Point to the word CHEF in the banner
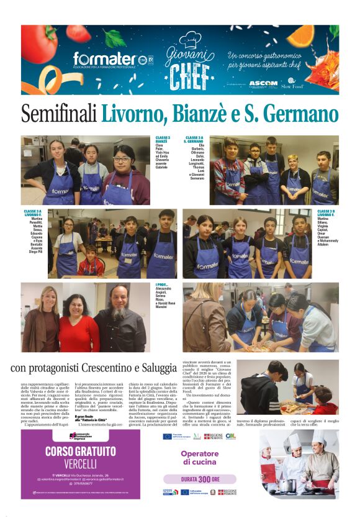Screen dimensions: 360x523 (x=181, y=75)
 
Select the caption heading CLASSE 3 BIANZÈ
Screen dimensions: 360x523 (x=162, y=140)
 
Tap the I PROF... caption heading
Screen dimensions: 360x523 (x=163, y=285)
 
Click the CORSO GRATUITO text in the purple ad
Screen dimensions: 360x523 (x=81, y=451)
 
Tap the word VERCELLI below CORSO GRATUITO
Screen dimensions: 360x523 (x=81, y=464)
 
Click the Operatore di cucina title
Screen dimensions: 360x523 (x=200, y=457)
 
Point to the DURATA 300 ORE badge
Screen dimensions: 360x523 (x=200, y=479)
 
